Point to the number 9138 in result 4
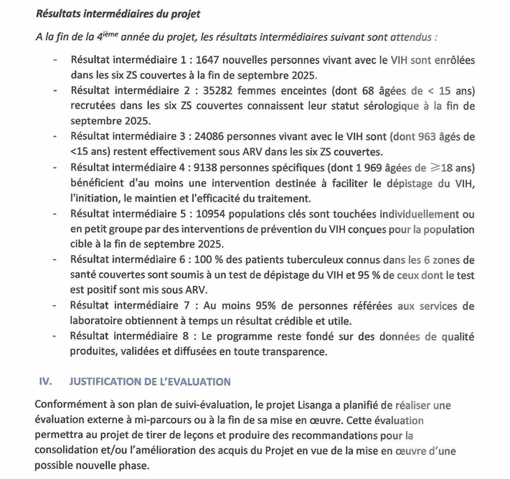point(209,167)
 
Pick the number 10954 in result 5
point(212,214)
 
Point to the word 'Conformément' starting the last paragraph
point(75,405)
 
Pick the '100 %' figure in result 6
point(212,260)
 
